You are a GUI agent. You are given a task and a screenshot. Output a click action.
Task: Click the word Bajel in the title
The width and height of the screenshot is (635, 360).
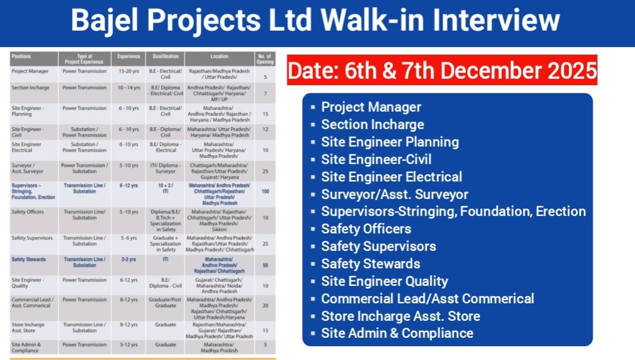(104, 21)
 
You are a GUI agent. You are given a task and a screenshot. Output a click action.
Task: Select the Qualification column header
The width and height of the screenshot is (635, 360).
(166, 56)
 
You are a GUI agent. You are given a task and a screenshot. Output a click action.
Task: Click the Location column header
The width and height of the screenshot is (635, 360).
(219, 56)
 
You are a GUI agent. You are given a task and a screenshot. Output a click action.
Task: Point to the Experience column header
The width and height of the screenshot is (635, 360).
(129, 56)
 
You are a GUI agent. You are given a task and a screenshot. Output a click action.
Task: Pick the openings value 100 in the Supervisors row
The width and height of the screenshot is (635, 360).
(265, 192)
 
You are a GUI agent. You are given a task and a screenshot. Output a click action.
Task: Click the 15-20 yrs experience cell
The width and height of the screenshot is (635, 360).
(129, 71)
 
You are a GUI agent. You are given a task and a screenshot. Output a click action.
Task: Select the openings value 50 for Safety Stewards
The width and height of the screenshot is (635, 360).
(265, 265)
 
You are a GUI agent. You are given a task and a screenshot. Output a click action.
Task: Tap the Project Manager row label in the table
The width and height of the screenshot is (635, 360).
(30, 71)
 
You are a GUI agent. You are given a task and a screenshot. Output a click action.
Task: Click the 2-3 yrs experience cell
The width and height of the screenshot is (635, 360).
(129, 259)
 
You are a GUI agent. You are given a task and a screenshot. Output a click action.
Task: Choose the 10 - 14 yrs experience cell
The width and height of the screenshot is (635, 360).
(129, 88)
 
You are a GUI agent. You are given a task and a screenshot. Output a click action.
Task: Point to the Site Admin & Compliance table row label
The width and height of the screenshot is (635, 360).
(26, 347)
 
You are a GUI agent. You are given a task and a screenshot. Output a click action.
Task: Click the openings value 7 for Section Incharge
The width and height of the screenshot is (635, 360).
(265, 93)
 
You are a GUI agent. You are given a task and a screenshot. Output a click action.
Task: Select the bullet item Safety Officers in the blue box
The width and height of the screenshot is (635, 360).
(366, 229)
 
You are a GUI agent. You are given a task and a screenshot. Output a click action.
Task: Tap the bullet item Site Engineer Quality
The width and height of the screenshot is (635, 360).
(384, 282)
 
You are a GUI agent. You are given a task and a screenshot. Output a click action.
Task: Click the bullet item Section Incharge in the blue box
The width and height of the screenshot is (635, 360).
(373, 125)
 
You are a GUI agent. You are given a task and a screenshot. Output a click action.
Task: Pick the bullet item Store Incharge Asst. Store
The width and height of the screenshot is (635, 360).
(401, 316)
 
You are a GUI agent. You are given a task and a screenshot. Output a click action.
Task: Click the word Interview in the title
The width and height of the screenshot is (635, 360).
(496, 21)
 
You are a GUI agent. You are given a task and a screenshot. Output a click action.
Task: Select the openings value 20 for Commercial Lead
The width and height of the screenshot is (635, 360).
(265, 305)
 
